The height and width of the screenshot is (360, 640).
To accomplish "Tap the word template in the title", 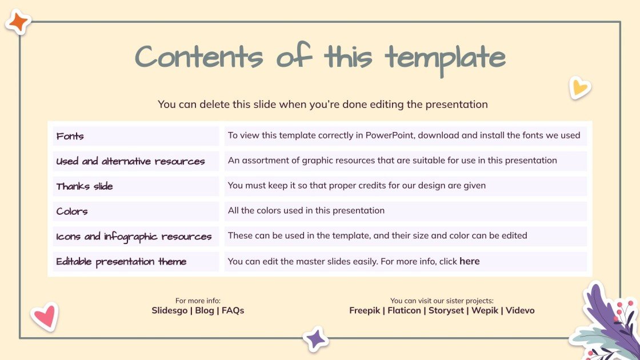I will tap(445, 59).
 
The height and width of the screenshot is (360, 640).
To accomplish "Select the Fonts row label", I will tap(70, 136).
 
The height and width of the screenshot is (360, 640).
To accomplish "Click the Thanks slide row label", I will tap(85, 186).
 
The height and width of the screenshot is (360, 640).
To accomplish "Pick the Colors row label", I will tap(72, 211).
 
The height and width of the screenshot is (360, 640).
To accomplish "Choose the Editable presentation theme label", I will tap(121, 262).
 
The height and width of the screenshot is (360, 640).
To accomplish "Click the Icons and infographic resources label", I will tap(134, 237).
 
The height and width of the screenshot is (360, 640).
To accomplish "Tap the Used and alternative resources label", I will tap(130, 161).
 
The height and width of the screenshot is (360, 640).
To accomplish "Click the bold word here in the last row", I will tap(469, 261).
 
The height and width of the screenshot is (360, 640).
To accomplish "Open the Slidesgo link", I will tap(169, 310).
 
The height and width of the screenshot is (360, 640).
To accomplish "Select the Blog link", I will tap(205, 310).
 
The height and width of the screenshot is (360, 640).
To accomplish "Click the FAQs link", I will tap(233, 310).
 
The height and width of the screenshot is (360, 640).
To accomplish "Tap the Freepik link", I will tap(365, 310).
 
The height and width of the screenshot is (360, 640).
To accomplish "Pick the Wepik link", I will tap(485, 310).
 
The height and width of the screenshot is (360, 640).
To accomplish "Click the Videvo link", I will tap(520, 310).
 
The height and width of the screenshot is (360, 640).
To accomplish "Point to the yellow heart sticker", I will tap(579, 87).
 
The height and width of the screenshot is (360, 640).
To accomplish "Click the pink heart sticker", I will tap(45, 316).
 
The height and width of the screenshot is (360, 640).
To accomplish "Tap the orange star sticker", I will tap(18, 22).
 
